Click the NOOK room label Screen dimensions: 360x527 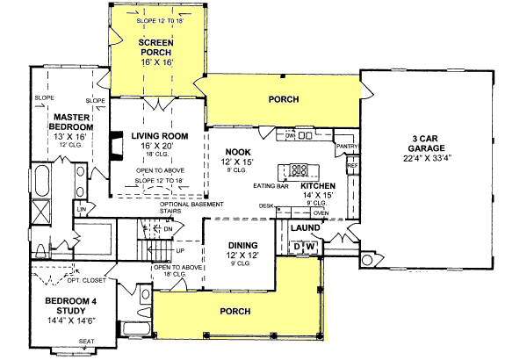(x=238, y=151)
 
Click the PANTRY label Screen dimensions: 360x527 (x=346, y=147)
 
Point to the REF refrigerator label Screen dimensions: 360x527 (x=353, y=166)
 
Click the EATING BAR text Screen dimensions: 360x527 (x=271, y=186)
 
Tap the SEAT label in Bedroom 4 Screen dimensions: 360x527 (x=86, y=342)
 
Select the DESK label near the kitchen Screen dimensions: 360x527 (x=266, y=206)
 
